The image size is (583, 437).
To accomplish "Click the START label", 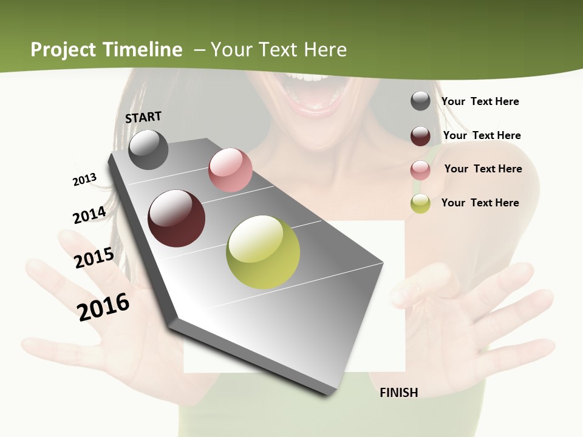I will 143,117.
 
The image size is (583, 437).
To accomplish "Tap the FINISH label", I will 398,393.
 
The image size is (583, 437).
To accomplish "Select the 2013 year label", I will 84,180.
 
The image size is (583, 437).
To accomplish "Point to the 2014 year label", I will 89,215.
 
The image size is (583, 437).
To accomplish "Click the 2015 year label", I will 94,258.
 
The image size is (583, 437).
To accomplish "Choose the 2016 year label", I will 103,307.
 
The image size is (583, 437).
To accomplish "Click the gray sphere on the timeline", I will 148,149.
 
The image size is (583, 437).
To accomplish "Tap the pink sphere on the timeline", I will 230,170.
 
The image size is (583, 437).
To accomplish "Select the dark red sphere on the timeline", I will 177,218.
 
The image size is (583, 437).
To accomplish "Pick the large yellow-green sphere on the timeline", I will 263,252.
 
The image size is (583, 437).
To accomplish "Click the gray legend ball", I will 420,101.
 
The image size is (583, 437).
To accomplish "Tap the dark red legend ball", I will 420,136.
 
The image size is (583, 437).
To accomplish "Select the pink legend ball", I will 420,170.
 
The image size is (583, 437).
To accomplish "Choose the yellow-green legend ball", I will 420,204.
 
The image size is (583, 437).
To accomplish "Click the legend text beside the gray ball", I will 480,101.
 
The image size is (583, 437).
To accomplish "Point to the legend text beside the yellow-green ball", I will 480,203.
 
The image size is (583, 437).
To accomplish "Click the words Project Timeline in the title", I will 106,50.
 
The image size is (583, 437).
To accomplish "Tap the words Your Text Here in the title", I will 278,50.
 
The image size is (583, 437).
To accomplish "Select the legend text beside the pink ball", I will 483,169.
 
